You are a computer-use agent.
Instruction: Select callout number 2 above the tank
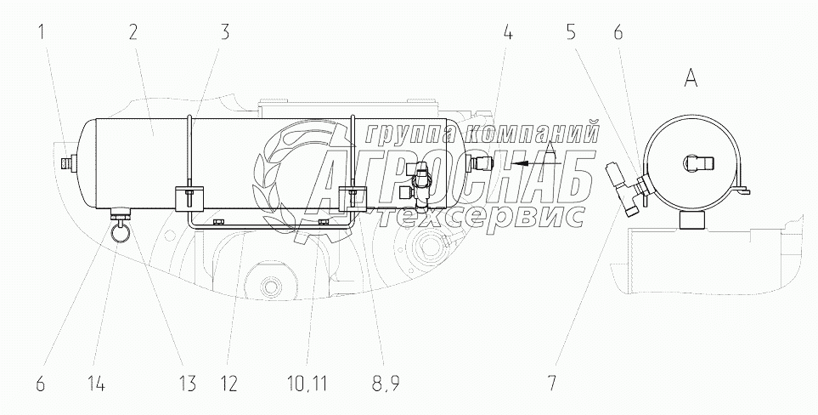coord(133,33)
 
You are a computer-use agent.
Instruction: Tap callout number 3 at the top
coord(224,33)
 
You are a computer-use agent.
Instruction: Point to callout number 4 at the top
coord(508,33)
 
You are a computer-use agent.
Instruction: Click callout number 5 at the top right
coord(572,33)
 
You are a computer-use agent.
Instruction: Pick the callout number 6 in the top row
coord(618,33)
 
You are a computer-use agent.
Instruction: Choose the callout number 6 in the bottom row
coord(41,384)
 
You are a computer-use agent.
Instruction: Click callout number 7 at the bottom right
coord(552,384)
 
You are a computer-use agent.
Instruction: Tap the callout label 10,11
coord(307,384)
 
